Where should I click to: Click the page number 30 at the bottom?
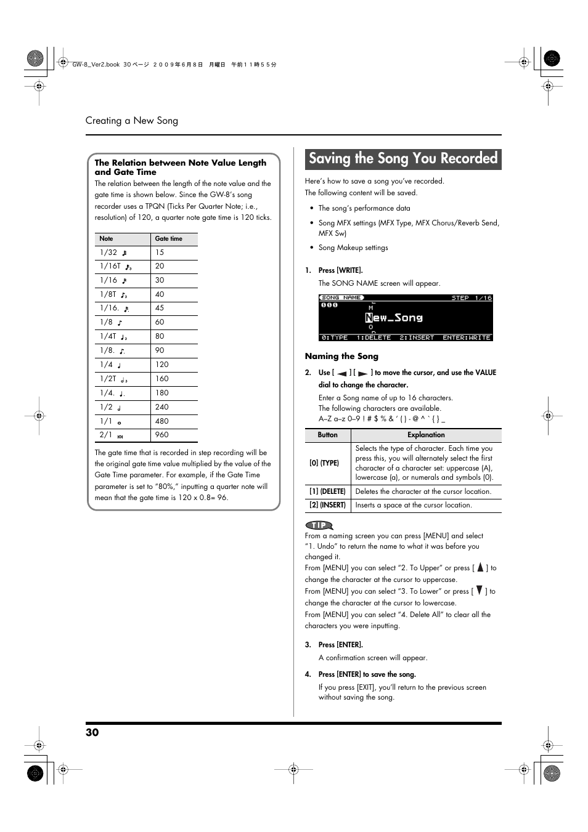[92, 732]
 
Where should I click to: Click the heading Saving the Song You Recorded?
[402, 159]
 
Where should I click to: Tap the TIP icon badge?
[319, 525]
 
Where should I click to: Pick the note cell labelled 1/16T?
[116, 266]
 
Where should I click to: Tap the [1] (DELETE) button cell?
[327, 491]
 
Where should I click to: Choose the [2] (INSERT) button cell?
[327, 505]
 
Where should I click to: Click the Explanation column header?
[426, 435]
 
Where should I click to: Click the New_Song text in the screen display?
[394, 318]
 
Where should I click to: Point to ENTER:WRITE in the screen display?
[467, 337]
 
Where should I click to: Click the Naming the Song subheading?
[341, 356]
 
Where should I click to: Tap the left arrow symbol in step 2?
[342, 373]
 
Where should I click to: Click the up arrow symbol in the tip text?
[480, 567]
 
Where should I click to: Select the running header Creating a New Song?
[132, 121]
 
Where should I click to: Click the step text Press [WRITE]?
[340, 270]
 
